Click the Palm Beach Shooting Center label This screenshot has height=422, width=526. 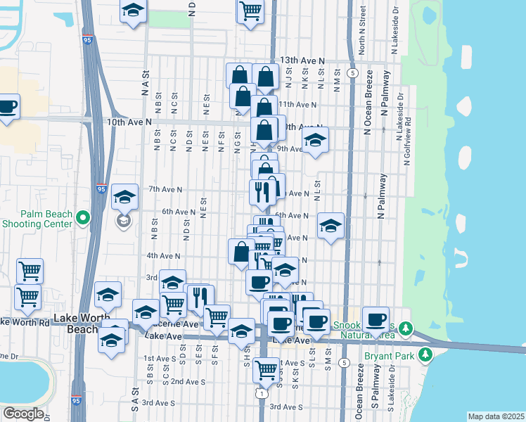tap(37, 219)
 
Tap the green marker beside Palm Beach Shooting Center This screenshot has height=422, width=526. tap(83, 219)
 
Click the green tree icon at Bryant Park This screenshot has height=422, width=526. tap(425, 356)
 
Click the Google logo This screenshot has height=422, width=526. tap(23, 414)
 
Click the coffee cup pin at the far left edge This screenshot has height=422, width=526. tap(7, 107)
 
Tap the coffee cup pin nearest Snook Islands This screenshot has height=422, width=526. tap(375, 319)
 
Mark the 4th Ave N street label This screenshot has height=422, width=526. tap(162, 256)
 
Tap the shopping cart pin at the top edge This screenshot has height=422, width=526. tap(250, 11)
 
